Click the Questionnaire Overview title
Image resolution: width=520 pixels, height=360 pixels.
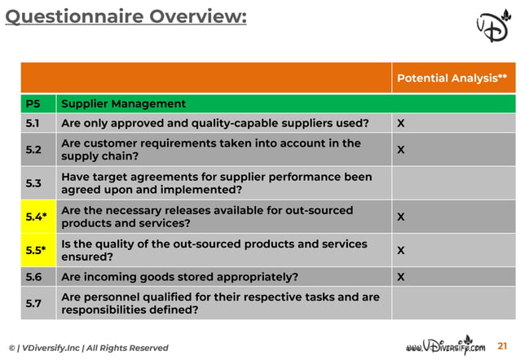point(125,17)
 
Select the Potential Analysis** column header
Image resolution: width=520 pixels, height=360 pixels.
point(452,78)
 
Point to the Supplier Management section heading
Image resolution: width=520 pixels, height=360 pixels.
point(123,104)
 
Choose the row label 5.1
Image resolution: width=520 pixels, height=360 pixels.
point(33,123)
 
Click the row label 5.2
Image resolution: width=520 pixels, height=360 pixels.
point(33,150)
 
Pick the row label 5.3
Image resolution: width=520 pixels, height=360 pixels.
point(33,183)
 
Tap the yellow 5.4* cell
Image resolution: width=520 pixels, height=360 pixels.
point(37,217)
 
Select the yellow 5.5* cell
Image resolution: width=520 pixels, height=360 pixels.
point(37,250)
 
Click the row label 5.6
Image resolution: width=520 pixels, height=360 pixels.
point(33,277)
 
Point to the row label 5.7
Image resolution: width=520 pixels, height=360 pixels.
point(33,304)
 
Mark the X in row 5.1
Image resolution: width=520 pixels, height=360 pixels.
point(401,124)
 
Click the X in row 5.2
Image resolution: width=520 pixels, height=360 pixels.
point(401,151)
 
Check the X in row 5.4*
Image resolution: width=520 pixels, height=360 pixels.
point(401,217)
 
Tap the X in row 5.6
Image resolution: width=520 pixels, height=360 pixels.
point(401,277)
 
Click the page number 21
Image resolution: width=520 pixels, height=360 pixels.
point(501,347)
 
